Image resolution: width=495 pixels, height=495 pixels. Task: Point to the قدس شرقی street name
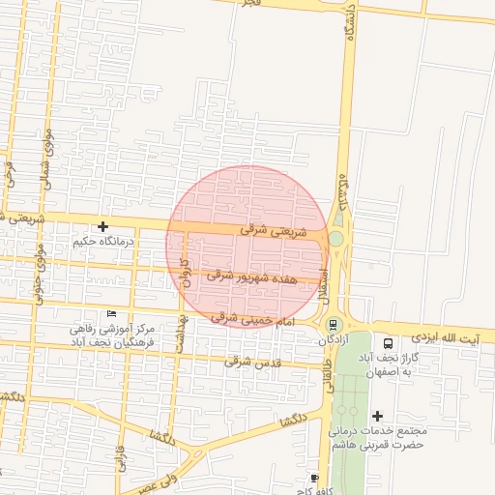coord(245,363)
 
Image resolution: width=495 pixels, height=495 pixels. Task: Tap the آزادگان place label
coord(333,341)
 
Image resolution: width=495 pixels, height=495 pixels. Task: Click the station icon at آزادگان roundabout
coord(334,325)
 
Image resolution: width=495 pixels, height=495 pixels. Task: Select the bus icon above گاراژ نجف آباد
coord(389,343)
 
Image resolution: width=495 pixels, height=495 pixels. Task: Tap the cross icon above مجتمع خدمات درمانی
coord(377,415)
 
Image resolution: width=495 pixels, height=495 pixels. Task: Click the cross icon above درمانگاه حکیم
coord(103,225)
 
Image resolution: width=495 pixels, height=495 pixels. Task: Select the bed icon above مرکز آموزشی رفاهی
coord(112,314)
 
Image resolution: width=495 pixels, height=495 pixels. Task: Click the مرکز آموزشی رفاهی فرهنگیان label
coord(105,335)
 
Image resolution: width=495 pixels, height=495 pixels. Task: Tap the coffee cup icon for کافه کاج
coord(313,478)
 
